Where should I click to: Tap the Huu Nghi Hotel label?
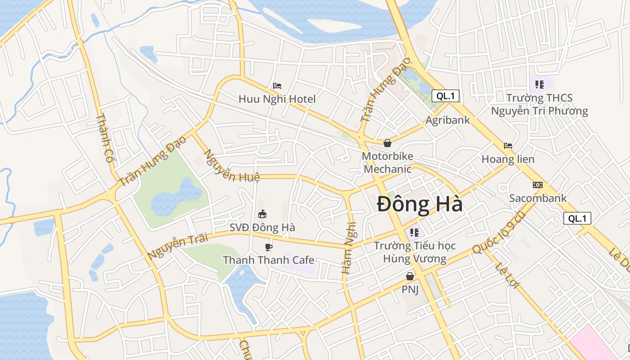pos(277,99)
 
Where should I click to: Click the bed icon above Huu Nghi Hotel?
pos(277,85)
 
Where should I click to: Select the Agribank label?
pos(448,120)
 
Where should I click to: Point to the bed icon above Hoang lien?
pos(508,146)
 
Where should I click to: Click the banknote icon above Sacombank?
pos(537,185)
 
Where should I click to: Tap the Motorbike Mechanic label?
pos(387,162)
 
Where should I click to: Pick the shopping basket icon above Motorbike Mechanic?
pos(387,143)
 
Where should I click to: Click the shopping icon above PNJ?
pos(410,276)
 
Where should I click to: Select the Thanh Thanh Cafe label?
pos(269,260)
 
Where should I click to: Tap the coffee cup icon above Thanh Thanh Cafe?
pos(269,247)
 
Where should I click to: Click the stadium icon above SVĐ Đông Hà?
pos(262,214)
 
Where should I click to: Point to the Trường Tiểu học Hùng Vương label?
pos(414,252)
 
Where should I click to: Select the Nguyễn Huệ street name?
pos(232,166)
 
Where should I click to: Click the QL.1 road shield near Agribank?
pos(445,95)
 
